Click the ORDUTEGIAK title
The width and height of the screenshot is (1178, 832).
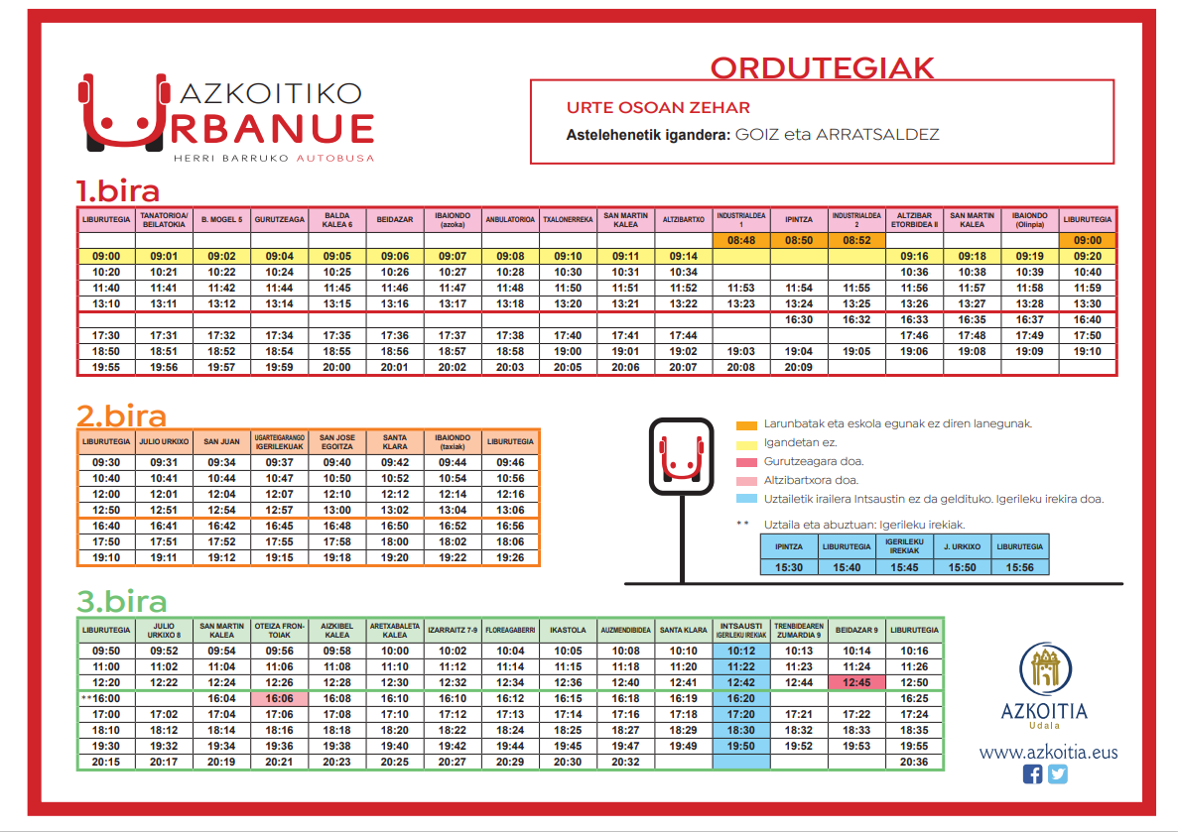coord(823,67)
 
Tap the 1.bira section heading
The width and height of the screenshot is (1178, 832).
coord(118,189)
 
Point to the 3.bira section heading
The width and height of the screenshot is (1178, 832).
coord(122,602)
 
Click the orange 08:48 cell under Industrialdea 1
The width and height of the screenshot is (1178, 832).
coord(741,240)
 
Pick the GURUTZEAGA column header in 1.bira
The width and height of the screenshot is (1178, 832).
coord(280,218)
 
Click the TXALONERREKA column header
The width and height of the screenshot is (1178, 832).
coord(568,218)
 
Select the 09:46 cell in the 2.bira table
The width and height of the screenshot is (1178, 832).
coord(510,462)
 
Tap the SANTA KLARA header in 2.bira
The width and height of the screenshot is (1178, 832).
coord(395,441)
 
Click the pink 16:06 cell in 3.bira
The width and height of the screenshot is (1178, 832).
coord(280,698)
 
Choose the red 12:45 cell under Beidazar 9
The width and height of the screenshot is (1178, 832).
coord(856,682)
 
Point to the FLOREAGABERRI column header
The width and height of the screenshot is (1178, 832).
coord(511,630)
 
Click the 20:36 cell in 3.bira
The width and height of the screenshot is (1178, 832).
coord(914,762)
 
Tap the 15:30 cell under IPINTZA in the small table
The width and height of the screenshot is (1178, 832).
coord(790,567)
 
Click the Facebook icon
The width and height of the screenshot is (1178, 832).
coord(1032,774)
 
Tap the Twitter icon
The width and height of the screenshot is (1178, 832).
coord(1058,774)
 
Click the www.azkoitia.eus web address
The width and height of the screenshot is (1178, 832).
coord(1048,752)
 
